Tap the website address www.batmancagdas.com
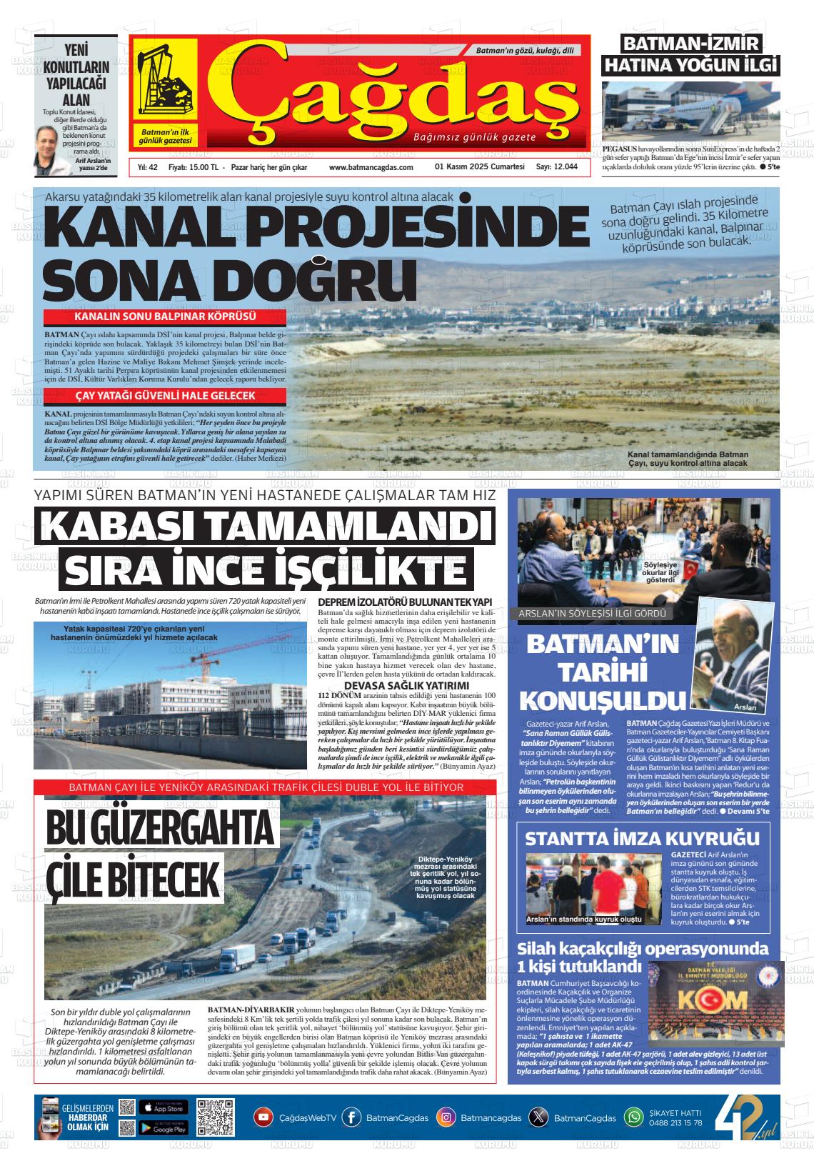pos(371,167)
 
